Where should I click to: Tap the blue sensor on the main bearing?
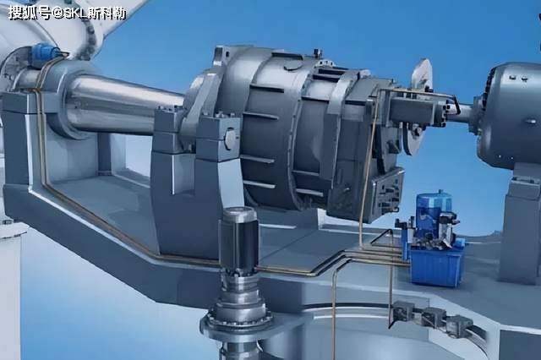44,53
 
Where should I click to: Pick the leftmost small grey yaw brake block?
403,310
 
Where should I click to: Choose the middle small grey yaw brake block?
433,317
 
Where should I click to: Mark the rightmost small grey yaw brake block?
460,326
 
